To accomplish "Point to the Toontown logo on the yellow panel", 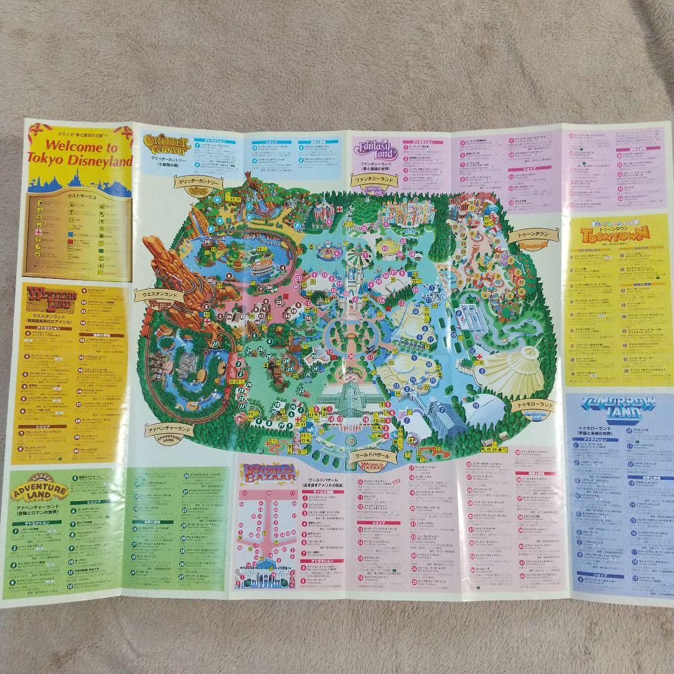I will (615, 233).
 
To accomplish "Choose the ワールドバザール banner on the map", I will (375, 456).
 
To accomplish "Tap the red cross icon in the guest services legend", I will (39, 232).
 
